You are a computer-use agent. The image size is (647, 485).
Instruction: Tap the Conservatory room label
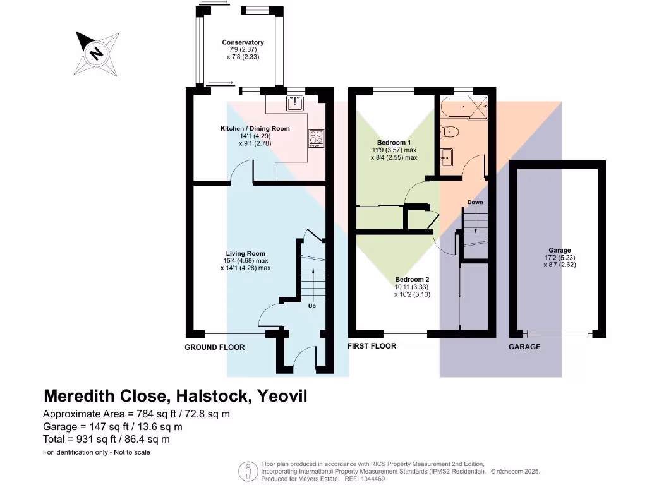tap(243, 43)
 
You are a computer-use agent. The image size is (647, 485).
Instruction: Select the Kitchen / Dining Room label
tap(255, 129)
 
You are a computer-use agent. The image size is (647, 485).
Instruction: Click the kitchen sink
tap(296, 104)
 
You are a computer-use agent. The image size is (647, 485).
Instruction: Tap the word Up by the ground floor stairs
tap(311, 306)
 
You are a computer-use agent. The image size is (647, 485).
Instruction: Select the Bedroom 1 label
tap(394, 143)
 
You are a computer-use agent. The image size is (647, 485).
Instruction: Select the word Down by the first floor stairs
tap(475, 203)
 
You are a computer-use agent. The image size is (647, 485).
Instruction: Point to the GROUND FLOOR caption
tap(214, 347)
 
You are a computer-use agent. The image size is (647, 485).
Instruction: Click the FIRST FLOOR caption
tap(372, 346)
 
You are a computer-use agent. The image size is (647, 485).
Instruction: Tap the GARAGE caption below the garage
tap(525, 347)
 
